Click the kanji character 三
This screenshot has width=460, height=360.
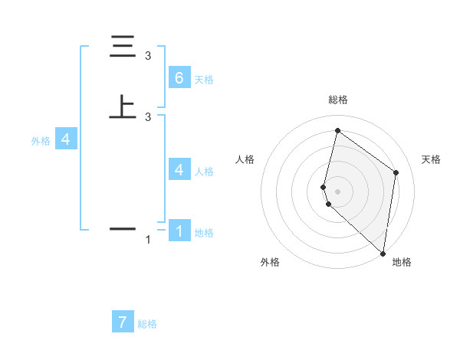[x=122, y=47]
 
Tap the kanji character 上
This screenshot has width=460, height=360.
[x=122, y=106]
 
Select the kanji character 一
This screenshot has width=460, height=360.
[x=122, y=228]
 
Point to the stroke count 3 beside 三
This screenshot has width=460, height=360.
[x=148, y=56]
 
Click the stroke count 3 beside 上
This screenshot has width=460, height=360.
[x=148, y=116]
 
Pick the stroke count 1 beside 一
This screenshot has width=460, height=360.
[x=148, y=241]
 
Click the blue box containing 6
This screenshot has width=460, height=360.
[x=179, y=77]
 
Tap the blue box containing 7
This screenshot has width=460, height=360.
[x=123, y=322]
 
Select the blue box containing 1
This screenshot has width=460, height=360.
[x=179, y=231]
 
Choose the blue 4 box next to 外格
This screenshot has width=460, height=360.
[x=66, y=139]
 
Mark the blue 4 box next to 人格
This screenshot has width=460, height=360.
[x=179, y=169]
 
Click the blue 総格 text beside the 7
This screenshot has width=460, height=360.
[x=147, y=324]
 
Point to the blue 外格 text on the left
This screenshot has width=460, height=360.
[x=40, y=141]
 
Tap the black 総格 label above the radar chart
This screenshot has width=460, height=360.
[x=337, y=100]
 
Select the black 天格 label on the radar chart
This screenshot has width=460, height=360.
[x=431, y=159]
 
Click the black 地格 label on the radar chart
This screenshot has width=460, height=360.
[x=402, y=262]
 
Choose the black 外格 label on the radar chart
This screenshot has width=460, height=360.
[x=270, y=262]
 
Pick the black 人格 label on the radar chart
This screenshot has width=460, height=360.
[x=245, y=159]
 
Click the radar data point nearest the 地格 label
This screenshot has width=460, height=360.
[x=383, y=254]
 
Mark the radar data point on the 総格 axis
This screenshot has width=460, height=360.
[x=337, y=130]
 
